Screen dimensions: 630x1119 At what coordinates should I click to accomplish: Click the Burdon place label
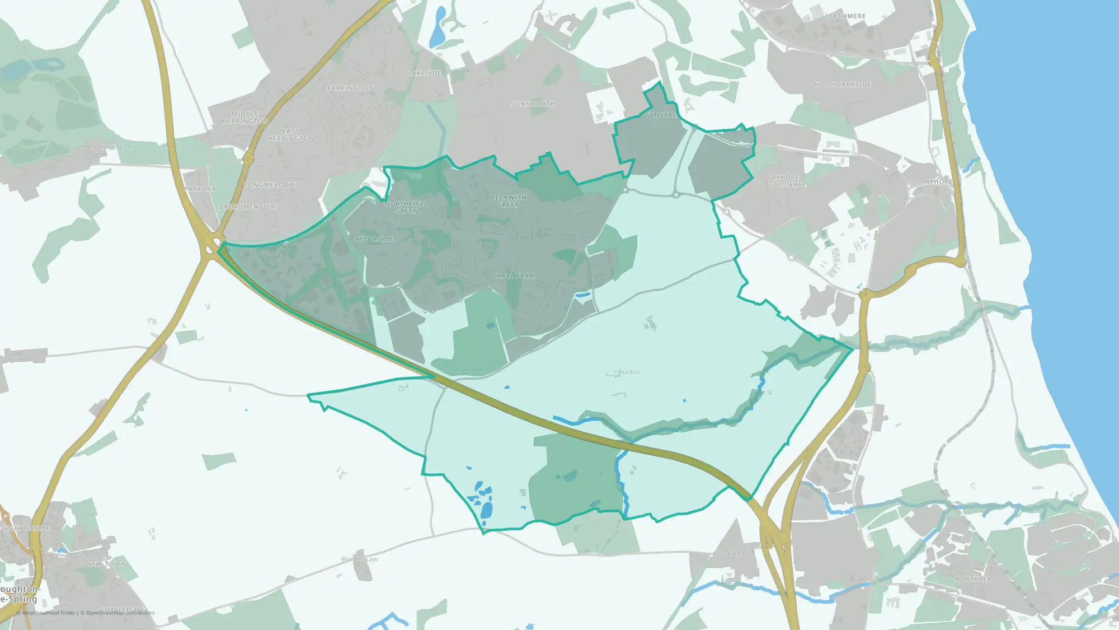629,372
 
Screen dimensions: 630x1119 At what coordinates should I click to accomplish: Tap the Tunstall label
661,115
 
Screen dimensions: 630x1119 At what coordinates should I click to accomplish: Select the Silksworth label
533,104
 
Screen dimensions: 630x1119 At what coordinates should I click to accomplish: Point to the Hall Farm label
516,276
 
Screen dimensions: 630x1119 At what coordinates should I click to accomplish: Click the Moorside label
375,239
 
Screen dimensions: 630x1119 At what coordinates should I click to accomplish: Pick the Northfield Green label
407,207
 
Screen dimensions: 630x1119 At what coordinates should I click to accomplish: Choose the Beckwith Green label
509,201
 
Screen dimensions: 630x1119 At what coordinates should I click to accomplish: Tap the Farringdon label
350,88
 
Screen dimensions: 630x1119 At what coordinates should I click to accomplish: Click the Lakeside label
425,73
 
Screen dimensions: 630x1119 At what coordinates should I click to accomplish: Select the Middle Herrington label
245,118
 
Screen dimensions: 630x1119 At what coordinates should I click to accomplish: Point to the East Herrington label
290,135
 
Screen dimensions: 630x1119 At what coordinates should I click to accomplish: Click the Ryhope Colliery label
786,181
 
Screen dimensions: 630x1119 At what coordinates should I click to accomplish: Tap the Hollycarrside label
843,85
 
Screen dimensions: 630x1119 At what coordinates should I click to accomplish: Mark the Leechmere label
845,16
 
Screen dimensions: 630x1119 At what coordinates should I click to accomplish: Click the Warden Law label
359,559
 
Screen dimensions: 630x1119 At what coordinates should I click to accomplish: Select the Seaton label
734,553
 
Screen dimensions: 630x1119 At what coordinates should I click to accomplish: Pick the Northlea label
973,579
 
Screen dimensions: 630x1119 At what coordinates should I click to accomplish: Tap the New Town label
106,564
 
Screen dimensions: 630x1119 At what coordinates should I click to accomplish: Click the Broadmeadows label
249,207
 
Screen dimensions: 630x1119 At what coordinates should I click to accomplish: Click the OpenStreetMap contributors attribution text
120,613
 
